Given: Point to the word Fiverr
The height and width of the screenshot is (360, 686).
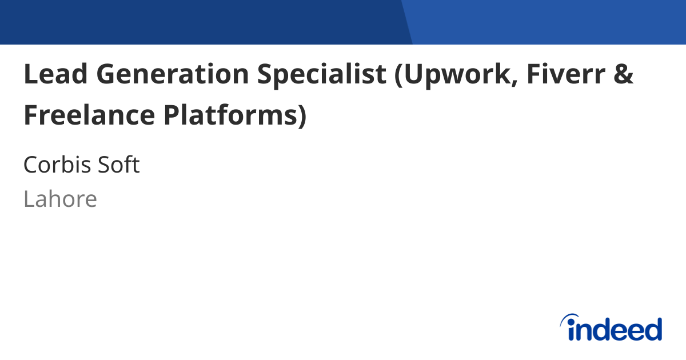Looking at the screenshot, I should [565, 74].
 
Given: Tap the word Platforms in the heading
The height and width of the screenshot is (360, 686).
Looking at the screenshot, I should [229, 115].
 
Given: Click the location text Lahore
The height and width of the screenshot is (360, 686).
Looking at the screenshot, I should [60, 199].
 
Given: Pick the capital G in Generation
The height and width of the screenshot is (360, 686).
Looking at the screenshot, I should [108, 74].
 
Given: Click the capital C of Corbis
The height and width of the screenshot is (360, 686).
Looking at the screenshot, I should [31, 165].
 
